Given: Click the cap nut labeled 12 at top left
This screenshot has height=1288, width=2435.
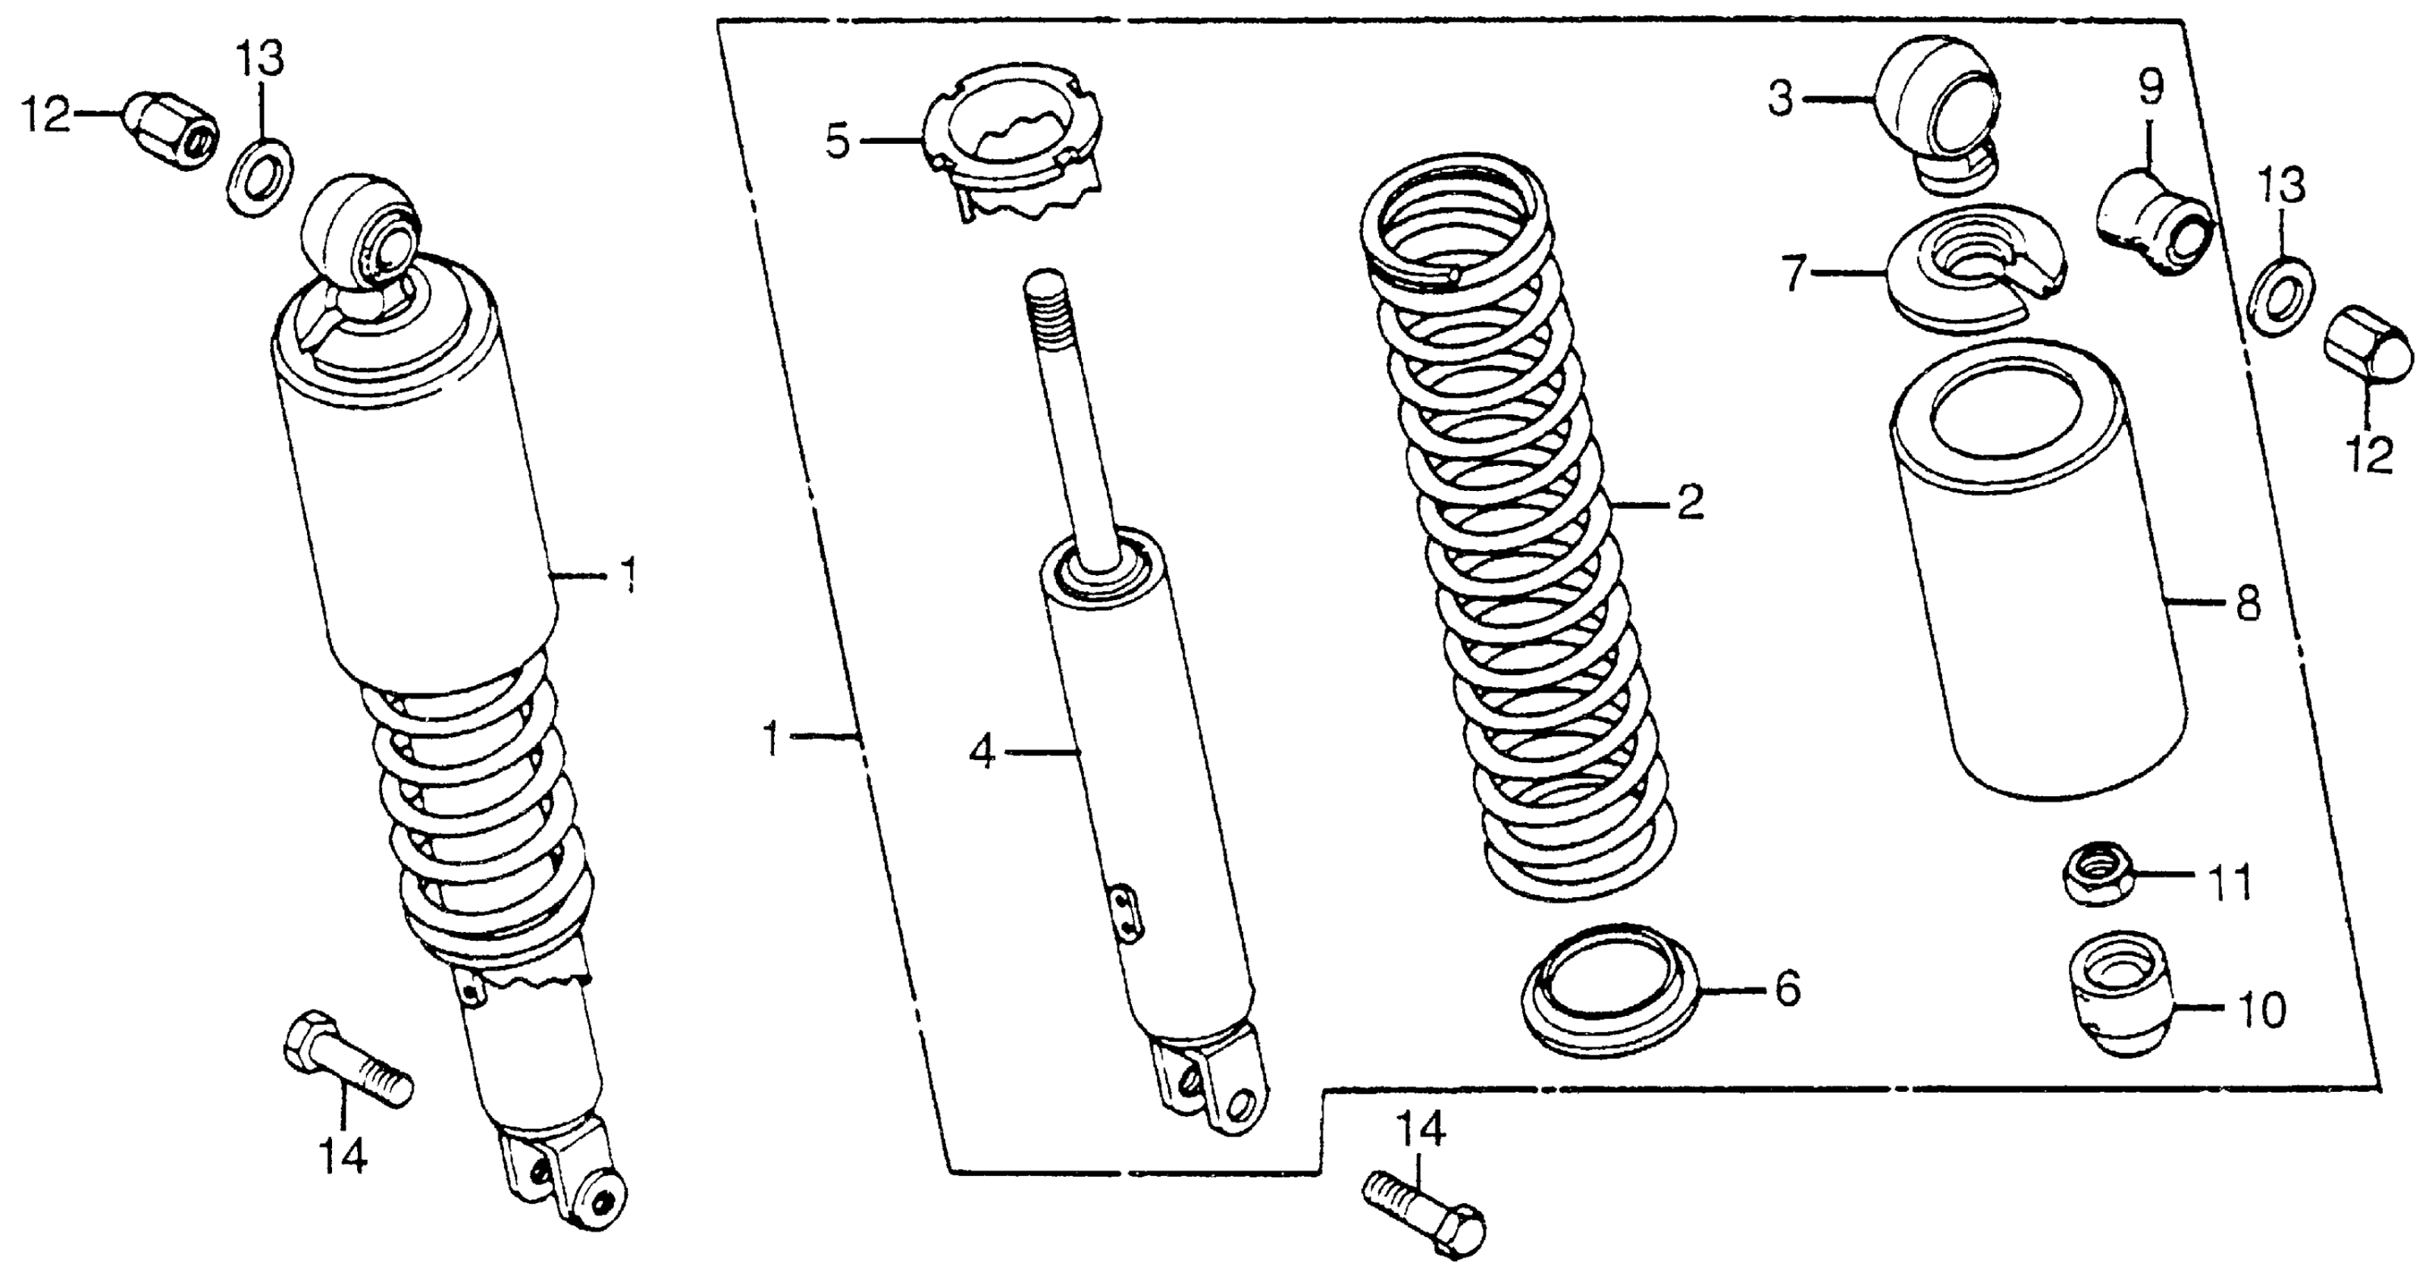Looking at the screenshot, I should click(170, 130).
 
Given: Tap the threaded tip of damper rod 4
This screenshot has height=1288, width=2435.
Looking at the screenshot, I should click(1045, 293).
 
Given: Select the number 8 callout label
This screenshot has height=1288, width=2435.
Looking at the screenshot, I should click(2248, 603).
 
